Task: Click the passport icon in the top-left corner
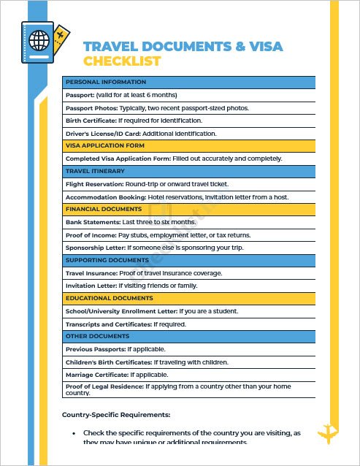pyautogui.click(x=40, y=45)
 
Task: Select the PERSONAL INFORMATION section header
pyautogui.click(x=106, y=83)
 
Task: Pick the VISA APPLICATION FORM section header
pyautogui.click(x=106, y=145)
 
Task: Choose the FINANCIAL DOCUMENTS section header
pyautogui.click(x=104, y=210)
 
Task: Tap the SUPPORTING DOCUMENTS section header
pyautogui.click(x=107, y=260)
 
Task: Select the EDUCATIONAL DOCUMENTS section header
pyautogui.click(x=109, y=298)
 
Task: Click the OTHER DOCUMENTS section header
pyautogui.click(x=98, y=337)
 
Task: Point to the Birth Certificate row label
pyautogui.click(x=91, y=121)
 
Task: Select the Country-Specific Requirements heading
pyautogui.click(x=117, y=415)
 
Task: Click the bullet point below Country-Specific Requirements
pyautogui.click(x=74, y=434)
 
